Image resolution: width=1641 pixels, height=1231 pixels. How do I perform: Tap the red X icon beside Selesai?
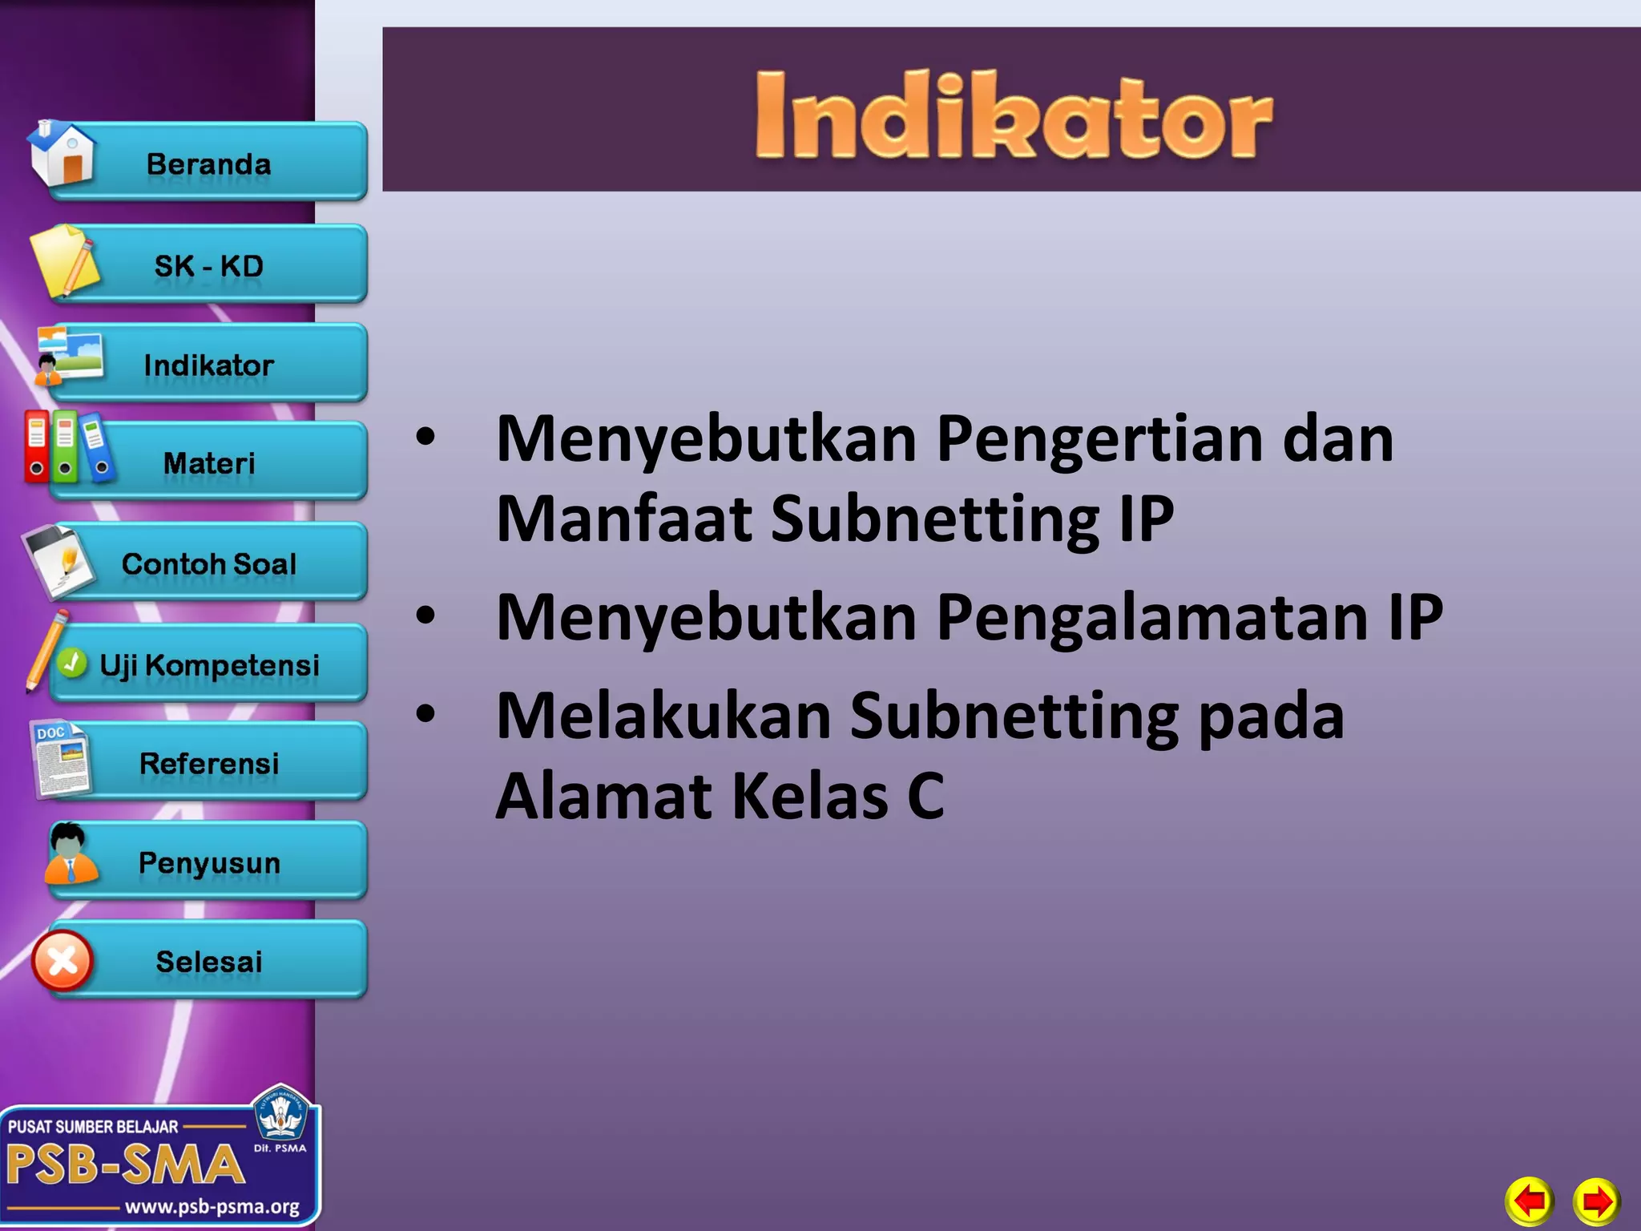(x=62, y=961)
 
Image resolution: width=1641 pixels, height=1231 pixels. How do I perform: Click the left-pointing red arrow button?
(x=1530, y=1201)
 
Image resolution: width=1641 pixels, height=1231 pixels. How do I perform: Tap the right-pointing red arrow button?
(x=1596, y=1201)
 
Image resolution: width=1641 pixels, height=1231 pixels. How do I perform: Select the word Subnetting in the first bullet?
(x=936, y=519)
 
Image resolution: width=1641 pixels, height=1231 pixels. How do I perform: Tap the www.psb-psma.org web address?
(x=212, y=1206)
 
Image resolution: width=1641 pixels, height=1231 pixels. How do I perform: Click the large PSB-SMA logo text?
(x=125, y=1164)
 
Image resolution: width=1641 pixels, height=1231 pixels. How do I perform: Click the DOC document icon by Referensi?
(x=61, y=758)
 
